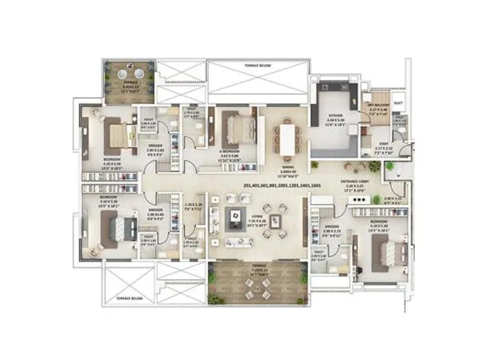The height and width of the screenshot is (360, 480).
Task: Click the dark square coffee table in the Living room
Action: pyautogui.click(x=236, y=217)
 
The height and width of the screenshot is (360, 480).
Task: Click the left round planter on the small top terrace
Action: pyautogui.click(x=120, y=74)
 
